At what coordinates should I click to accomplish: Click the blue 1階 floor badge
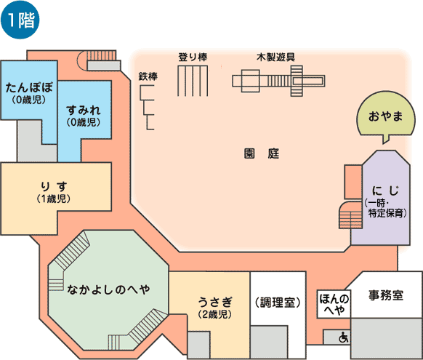point(20,20)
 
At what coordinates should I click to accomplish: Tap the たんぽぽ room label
point(29,87)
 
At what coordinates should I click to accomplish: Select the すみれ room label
point(84,111)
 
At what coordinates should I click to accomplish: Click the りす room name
point(54,187)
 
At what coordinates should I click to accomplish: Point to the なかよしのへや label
point(108,289)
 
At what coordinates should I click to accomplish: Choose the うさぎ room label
point(214,302)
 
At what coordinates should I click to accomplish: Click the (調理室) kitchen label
point(278,303)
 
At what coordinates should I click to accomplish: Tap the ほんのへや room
point(334,305)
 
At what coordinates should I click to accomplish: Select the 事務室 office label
point(386,295)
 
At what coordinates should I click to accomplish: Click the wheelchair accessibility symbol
point(344,337)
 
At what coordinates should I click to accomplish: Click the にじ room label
point(385,191)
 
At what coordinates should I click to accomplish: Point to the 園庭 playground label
point(262,153)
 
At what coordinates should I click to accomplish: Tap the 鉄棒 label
point(148,76)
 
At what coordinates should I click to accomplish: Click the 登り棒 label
point(193,57)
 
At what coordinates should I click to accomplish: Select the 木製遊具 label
point(275,57)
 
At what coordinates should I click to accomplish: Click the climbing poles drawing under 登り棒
point(193,81)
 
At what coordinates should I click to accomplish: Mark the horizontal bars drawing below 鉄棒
point(147,108)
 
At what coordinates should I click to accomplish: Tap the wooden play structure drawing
point(278,81)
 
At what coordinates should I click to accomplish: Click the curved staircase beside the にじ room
point(350,215)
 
